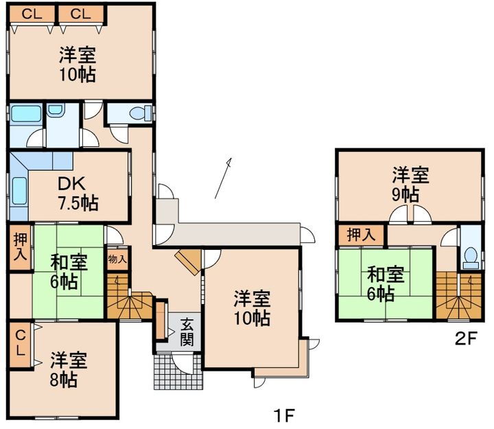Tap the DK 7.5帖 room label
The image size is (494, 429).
pyautogui.click(x=76, y=194)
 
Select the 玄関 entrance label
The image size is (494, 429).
pyautogui.click(x=187, y=332)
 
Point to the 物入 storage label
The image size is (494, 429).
pyautogui.click(x=117, y=259)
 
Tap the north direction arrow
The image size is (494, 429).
pyautogui.click(x=223, y=178)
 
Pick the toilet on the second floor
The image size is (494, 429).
pyautogui.click(x=471, y=256)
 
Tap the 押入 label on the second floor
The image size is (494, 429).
pyautogui.click(x=361, y=235)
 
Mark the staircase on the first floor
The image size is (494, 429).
pyautogui.click(x=128, y=298)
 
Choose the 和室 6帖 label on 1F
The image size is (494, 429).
pyautogui.click(x=68, y=270)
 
